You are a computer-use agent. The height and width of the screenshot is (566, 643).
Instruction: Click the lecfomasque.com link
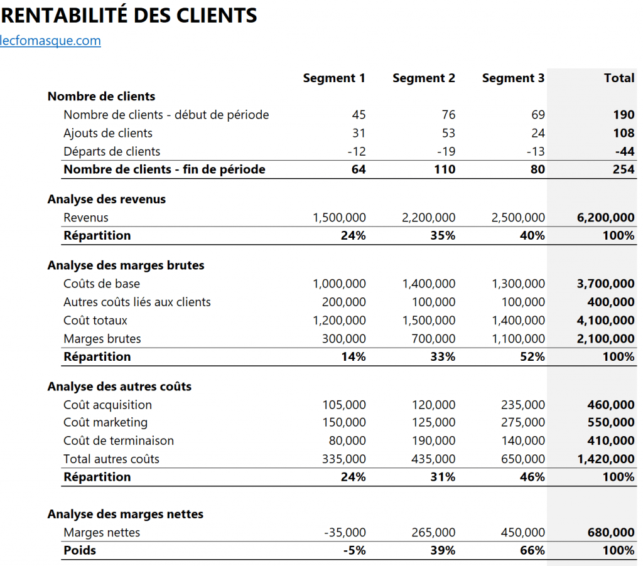(50, 41)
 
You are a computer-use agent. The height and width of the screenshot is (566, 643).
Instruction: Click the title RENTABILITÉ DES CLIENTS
(128, 15)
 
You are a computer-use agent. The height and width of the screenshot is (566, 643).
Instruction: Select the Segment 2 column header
(424, 78)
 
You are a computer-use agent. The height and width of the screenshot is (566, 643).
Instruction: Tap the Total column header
(619, 78)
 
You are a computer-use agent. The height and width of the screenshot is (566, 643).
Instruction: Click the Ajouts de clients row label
(108, 133)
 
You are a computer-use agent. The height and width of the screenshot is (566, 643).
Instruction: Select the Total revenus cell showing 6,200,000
(605, 218)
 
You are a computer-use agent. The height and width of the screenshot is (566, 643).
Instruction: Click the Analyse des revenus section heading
(107, 200)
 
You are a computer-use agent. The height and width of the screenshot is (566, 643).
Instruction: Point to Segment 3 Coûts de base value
(518, 284)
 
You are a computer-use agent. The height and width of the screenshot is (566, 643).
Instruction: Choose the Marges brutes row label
(102, 339)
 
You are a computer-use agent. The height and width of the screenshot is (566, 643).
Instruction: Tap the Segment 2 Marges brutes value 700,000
(434, 339)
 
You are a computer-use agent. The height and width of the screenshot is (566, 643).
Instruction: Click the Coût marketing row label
(105, 422)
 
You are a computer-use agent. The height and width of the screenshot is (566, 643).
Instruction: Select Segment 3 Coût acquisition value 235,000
(523, 405)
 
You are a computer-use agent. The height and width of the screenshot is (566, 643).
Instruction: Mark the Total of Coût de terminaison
(611, 441)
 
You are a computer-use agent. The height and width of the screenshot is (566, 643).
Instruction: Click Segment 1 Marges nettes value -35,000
(345, 533)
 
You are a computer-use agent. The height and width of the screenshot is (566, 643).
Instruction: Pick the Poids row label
(80, 550)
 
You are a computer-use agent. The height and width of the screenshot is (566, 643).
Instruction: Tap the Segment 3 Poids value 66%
(532, 550)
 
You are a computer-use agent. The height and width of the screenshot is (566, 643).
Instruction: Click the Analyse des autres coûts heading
(119, 387)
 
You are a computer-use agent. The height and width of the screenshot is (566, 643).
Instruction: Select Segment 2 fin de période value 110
(445, 169)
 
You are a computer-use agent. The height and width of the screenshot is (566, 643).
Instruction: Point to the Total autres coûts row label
(112, 459)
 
